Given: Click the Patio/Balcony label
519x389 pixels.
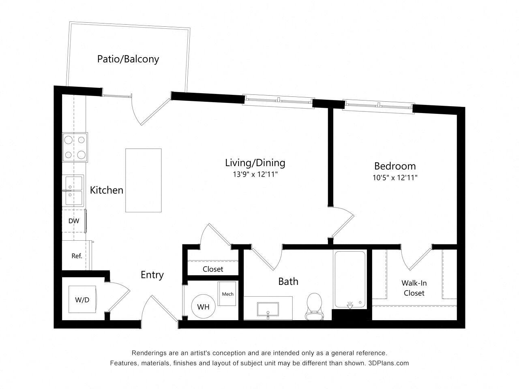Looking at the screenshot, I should point(128,59).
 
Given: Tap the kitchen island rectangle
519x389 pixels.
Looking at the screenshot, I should point(143,180).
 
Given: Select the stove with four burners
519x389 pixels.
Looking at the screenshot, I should point(75,147).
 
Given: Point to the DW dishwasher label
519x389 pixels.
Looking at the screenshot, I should point(73,221).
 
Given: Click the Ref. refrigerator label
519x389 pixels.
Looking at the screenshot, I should point(77,256).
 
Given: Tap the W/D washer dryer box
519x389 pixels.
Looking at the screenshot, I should point(82,300).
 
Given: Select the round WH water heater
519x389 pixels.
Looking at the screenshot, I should point(203,307).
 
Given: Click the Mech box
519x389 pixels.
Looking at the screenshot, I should point(227,294).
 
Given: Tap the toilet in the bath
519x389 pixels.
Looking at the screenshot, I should point(314,306).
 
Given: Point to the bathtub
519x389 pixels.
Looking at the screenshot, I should point(350,280).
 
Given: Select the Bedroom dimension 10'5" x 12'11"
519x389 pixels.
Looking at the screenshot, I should point(395,177).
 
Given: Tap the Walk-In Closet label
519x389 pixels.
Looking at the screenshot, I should point(414,288).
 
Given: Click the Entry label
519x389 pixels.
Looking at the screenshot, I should point(152,275).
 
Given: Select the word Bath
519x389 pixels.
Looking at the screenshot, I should point(288,281).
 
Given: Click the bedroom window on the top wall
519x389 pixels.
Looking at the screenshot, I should point(378,105).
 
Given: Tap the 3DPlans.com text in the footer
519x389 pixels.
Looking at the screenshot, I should point(388,363).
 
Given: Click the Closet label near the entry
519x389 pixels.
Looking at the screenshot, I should point(213,269).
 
